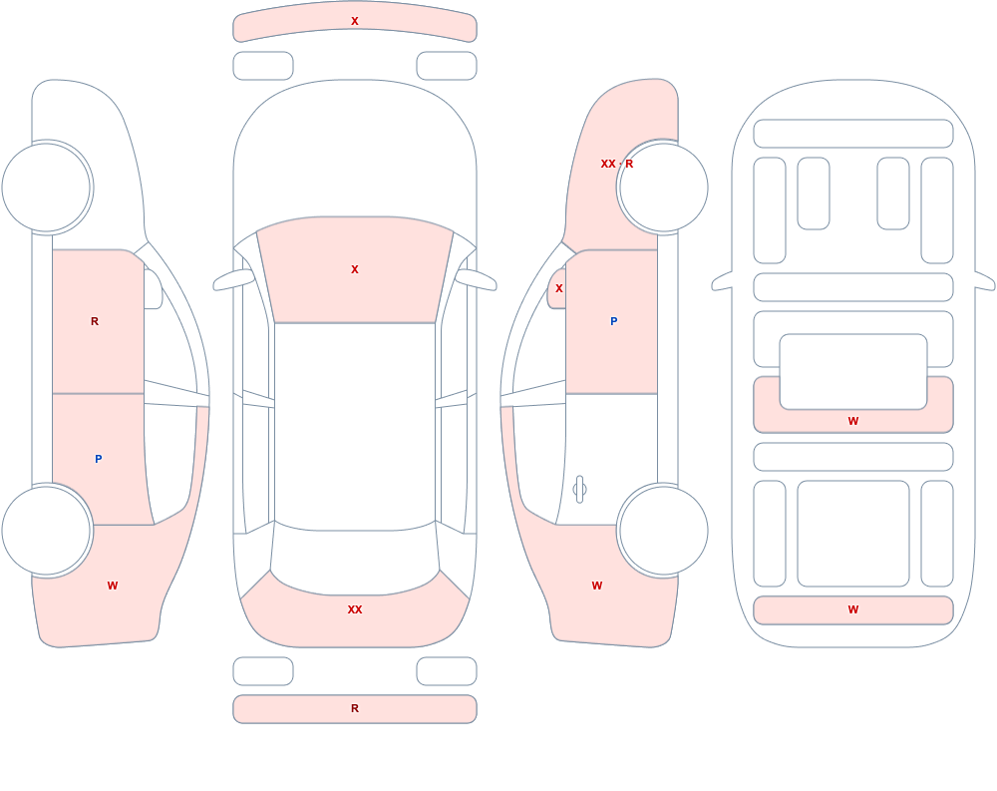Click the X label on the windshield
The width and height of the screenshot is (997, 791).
coord(355,270)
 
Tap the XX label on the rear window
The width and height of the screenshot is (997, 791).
coord(355,609)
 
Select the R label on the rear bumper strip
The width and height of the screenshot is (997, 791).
coord(355,708)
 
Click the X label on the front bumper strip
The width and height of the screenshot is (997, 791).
coord(355,21)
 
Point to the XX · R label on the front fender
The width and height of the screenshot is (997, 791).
coord(617,164)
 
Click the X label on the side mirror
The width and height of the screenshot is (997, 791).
coord(559,288)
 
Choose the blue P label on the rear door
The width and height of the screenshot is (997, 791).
coord(98,459)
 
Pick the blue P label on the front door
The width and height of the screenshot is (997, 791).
coord(613,321)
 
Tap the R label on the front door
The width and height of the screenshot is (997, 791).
coord(95,321)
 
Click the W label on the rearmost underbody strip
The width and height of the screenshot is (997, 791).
coord(853,609)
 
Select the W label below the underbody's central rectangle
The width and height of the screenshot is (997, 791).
coord(853,421)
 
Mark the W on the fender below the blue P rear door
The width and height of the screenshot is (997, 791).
coord(113,586)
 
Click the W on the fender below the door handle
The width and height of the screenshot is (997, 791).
coord(597,586)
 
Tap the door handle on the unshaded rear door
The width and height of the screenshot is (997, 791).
coord(579,490)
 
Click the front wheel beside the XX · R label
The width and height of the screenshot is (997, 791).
coord(663,188)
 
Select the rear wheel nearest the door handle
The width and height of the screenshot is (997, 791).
coord(663,530)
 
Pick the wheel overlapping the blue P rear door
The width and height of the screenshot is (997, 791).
coord(47,530)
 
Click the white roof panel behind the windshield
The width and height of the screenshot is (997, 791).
coord(355,425)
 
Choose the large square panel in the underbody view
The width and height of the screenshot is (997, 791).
coord(853,534)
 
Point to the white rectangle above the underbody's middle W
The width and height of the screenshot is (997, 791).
coord(853,372)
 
